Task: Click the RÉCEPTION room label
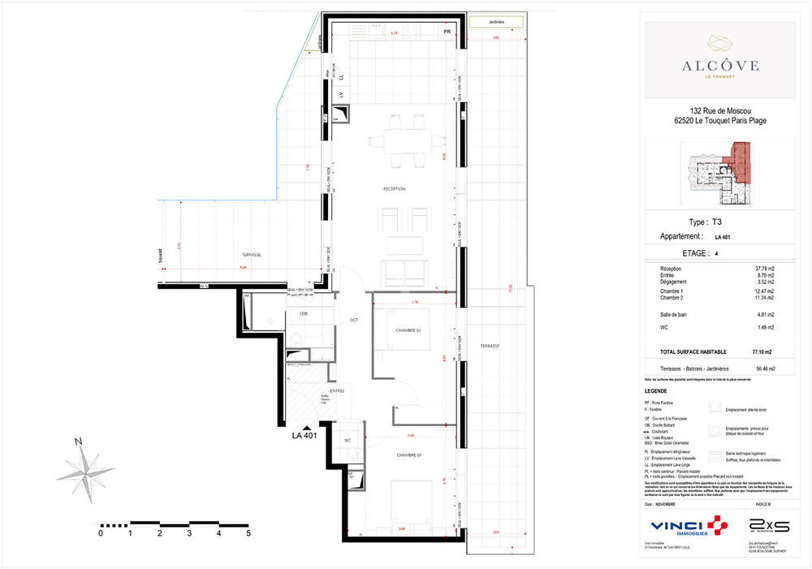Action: point(395,189)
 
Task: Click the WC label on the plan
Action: point(348,441)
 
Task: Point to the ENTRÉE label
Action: point(337,391)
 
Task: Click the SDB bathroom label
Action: point(303,313)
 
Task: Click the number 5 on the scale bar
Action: point(248,533)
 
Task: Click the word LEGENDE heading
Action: point(655,390)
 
